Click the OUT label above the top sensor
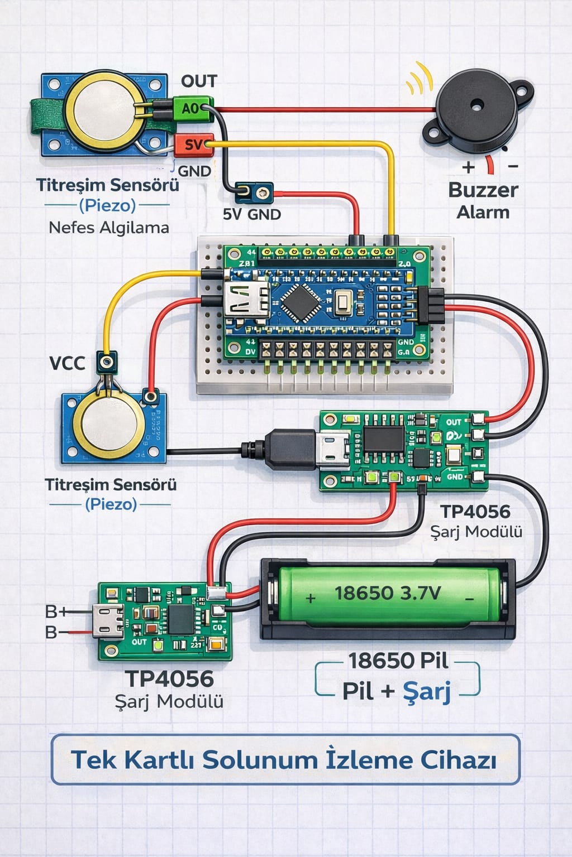coord(199,81)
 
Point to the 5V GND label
coord(252,214)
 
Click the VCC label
coord(67,364)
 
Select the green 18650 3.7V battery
coord(388,595)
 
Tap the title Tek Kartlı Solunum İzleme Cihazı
coord(285,760)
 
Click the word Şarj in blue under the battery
coord(427,691)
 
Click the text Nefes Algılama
coord(109,228)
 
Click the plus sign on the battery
coord(311,599)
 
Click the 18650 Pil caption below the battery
coord(398,661)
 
